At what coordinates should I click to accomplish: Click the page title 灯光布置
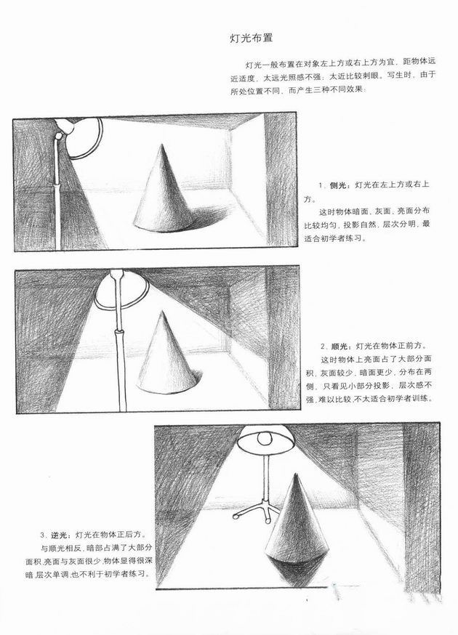click(x=251, y=39)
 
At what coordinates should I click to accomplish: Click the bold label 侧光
click(x=338, y=185)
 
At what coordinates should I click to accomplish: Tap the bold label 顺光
click(x=340, y=347)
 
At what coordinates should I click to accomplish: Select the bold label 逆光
click(x=59, y=535)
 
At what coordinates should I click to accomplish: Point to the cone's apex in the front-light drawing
click(x=163, y=311)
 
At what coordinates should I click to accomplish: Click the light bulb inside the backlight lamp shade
click(x=265, y=438)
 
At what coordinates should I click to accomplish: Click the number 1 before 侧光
click(x=320, y=185)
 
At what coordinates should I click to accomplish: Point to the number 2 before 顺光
click(x=323, y=347)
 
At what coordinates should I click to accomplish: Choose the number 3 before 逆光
click(x=42, y=535)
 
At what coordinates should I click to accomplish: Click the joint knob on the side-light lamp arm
click(x=60, y=136)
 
